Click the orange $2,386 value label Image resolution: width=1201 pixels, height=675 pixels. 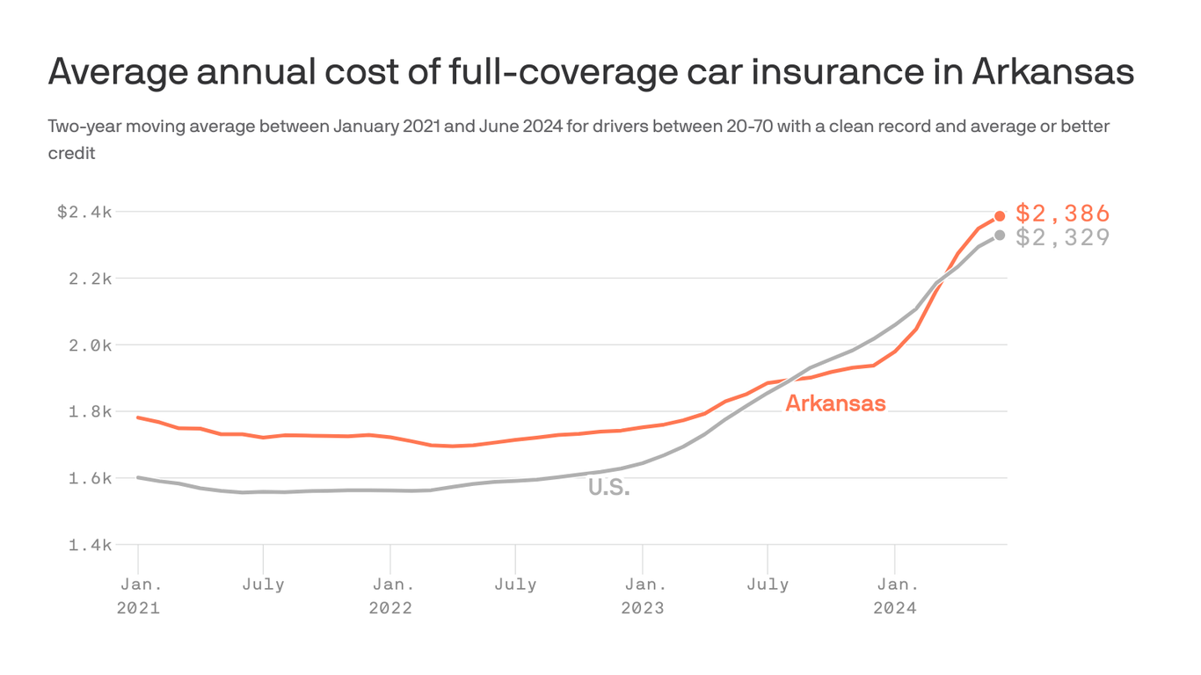click(x=1062, y=214)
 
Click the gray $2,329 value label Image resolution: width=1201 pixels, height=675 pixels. click(x=1062, y=237)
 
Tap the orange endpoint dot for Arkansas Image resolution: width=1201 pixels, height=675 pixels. click(x=1000, y=216)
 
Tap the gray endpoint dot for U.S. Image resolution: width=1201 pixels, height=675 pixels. click(x=1000, y=235)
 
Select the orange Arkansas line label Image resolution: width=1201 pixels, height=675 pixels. click(x=835, y=403)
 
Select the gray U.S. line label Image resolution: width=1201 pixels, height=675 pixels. click(x=608, y=488)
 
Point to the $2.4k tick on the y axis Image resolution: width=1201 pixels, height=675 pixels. click(x=84, y=212)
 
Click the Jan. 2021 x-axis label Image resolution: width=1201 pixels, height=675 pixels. click(x=138, y=596)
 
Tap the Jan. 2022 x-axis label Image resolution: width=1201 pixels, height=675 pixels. click(x=389, y=596)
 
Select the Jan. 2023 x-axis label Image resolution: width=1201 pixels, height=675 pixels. click(x=643, y=596)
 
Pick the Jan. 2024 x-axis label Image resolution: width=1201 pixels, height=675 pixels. click(x=894, y=596)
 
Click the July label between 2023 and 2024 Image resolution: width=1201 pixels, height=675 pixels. click(x=768, y=584)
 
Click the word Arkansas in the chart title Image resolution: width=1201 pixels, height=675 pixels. click(x=1052, y=72)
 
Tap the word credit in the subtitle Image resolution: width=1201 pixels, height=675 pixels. click(x=71, y=154)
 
